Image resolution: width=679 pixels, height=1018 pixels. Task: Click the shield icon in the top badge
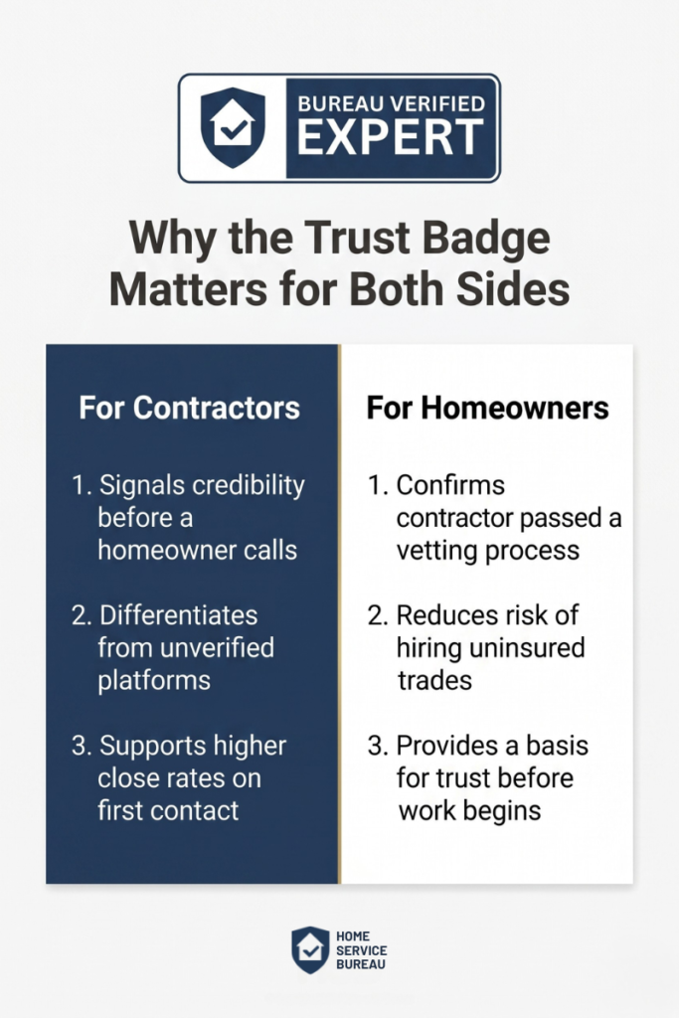tap(233, 128)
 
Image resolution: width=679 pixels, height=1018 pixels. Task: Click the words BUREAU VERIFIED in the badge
tap(392, 103)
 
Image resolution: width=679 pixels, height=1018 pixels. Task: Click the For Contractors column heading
tap(190, 409)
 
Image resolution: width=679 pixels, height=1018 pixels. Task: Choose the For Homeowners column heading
tap(488, 409)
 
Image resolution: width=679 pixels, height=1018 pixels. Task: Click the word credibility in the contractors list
tap(250, 486)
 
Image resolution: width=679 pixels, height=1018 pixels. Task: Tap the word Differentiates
tap(179, 615)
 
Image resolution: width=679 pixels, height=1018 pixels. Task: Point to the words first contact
tap(168, 811)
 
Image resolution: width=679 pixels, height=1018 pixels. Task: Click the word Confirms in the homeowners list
tap(450, 485)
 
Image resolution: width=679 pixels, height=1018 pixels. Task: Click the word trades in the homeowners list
tap(434, 681)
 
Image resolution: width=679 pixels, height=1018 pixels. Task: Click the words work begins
tap(469, 811)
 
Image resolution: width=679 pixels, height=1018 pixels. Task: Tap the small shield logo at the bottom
tap(310, 949)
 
